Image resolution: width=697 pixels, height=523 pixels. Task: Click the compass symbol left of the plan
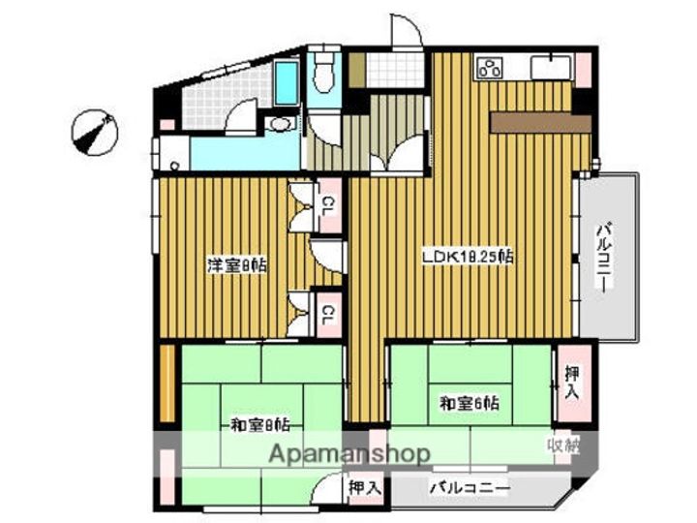(x=95, y=132)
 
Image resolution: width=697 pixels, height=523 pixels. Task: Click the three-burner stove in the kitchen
(x=490, y=68)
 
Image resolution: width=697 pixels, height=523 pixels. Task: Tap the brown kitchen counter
(x=539, y=122)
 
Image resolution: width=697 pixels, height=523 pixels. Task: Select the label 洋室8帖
(x=235, y=264)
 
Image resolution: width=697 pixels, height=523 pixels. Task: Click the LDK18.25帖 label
(x=466, y=257)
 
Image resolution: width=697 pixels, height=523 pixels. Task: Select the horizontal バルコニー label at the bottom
(x=470, y=488)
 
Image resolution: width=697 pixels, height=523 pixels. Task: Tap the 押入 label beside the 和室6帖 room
(x=571, y=383)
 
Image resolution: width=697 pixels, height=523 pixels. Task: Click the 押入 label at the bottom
(x=363, y=488)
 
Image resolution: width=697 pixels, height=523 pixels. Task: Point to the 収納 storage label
(x=562, y=446)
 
